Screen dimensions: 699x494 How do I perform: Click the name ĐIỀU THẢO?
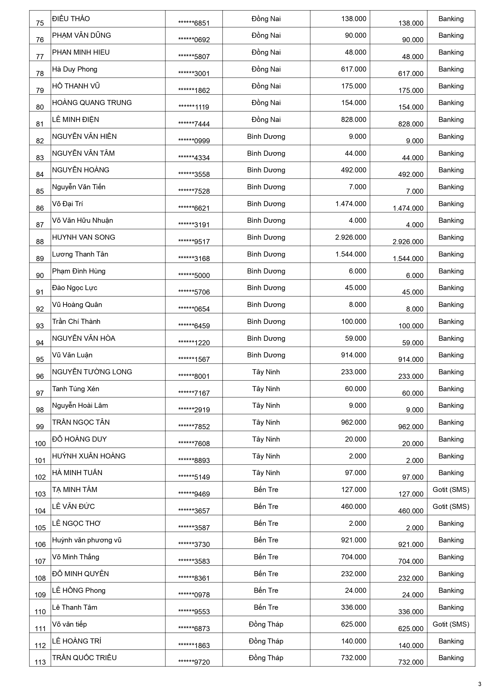point(71,19)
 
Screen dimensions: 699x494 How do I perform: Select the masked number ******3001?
point(194,74)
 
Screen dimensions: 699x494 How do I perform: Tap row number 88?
point(40,242)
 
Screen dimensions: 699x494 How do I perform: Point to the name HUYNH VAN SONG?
point(83,237)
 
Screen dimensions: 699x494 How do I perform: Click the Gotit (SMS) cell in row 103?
point(451,489)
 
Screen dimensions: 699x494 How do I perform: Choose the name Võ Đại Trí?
point(67,204)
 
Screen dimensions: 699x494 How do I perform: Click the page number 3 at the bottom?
point(480,684)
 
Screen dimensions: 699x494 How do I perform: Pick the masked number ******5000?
point(194,275)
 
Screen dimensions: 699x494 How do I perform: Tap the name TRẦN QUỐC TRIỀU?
point(84,658)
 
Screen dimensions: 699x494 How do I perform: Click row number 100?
point(40,444)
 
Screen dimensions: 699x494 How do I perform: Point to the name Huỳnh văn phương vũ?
point(87,540)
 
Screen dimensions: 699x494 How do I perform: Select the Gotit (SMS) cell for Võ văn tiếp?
point(451,624)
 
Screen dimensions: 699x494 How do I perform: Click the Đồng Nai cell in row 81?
point(266,120)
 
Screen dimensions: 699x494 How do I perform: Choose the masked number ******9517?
point(194,242)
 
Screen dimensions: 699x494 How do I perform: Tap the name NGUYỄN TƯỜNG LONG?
point(92,372)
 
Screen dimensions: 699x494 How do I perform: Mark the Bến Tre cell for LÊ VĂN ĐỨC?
point(266,506)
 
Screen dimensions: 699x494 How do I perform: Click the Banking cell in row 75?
point(451,19)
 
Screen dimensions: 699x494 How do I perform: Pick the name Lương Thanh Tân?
point(80,254)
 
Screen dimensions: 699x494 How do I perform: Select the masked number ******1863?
point(194,645)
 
